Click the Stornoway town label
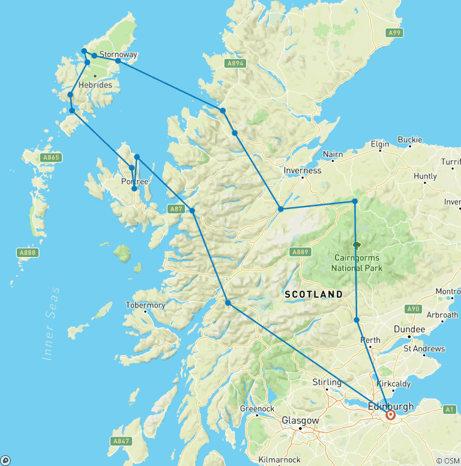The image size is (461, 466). pos(118,54)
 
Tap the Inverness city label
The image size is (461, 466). pos(303,171)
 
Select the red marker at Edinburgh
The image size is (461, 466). pos(391,414)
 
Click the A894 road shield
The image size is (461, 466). pos(235,63)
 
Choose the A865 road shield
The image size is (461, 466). pos(51,157)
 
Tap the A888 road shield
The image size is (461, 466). pos(28,252)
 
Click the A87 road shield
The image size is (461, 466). pos(175,208)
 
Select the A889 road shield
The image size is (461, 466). pos(301,252)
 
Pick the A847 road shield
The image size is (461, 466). pos(120,441)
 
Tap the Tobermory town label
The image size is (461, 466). pos(145,305)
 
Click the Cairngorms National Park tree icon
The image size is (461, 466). pos(357,245)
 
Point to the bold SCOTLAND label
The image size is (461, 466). pos(313,294)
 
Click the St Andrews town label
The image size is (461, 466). pos(424,348)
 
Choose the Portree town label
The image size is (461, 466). pos(134,181)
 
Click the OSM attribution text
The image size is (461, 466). pos(448,461)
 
